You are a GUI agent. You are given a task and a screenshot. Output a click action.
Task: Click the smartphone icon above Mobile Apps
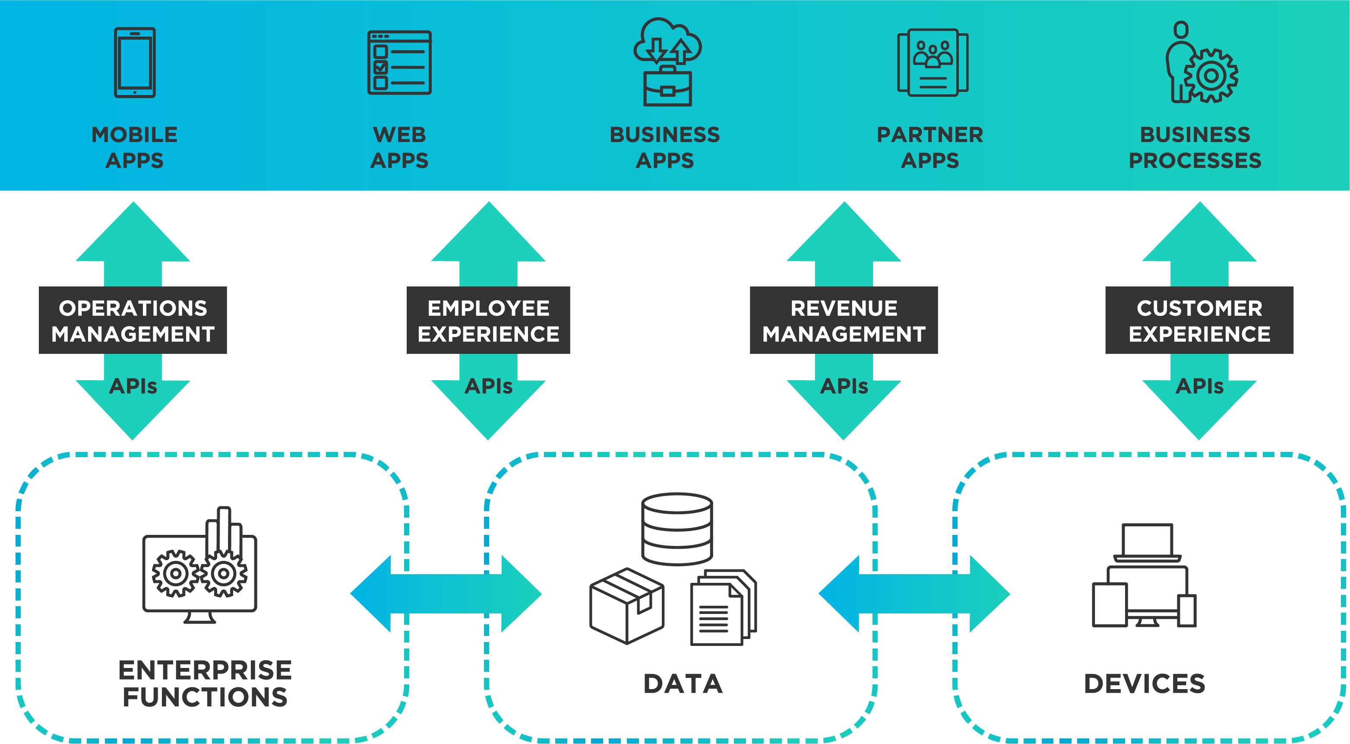click(135, 62)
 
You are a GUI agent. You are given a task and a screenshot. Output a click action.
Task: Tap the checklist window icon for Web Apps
click(399, 62)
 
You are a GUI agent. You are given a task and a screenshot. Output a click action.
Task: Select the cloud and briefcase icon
click(667, 62)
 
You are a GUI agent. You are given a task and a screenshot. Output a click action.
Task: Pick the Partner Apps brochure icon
click(933, 62)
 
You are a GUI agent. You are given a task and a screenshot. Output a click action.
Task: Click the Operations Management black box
click(133, 320)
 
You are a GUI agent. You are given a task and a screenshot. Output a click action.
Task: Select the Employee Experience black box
click(488, 320)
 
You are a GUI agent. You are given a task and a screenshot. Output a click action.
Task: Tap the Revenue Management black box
click(843, 320)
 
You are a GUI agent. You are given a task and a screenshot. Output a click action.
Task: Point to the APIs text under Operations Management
click(133, 386)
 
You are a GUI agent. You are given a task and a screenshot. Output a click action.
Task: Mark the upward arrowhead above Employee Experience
click(488, 233)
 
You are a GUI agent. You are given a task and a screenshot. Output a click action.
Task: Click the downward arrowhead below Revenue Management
click(843, 412)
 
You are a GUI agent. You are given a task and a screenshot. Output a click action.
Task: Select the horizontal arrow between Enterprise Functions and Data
click(446, 594)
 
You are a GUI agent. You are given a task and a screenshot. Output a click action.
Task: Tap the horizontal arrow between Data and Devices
click(914, 594)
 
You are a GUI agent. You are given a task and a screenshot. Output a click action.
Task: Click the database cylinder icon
click(677, 528)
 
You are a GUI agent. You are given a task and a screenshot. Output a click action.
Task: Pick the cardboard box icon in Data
click(627, 606)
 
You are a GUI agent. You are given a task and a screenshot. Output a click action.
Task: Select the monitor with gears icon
click(199, 566)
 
